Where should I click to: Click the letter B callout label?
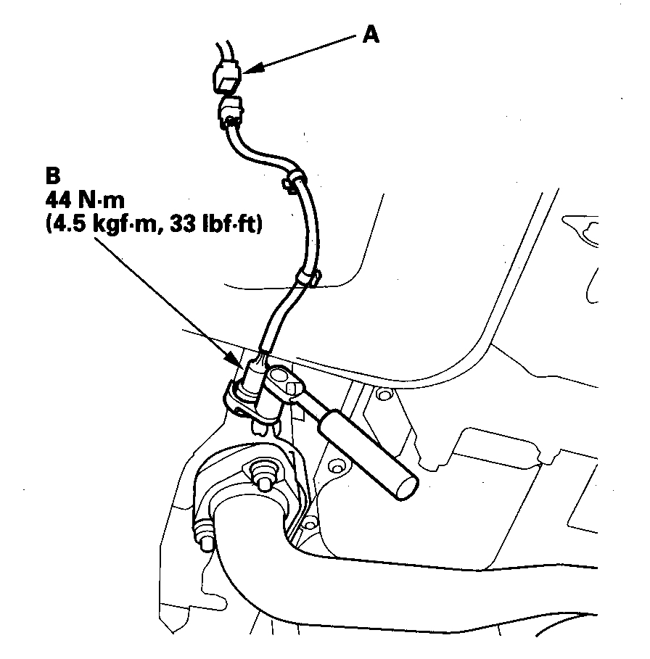coord(52,176)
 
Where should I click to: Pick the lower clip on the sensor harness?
coord(307,277)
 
